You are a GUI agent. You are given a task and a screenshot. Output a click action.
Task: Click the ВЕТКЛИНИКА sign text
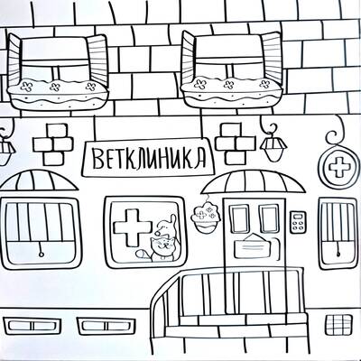point(149,158)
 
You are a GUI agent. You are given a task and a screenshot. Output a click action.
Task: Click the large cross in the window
point(133,227)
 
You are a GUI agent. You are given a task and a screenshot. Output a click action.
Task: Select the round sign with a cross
point(339,168)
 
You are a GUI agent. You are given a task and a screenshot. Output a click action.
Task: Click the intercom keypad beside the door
point(298,222)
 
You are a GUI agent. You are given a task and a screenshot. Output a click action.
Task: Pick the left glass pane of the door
point(240,219)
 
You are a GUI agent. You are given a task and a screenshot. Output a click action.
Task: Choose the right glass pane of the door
point(269,219)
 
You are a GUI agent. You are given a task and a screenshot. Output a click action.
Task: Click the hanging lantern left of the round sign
point(273,147)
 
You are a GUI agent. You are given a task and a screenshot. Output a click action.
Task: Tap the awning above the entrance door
point(254,182)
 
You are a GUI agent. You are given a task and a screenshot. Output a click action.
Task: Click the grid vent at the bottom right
point(338,325)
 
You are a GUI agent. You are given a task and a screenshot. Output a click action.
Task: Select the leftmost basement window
point(32,326)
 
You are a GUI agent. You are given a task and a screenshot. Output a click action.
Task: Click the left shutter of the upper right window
point(188,60)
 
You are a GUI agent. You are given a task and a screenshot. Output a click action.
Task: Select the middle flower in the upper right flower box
point(228,84)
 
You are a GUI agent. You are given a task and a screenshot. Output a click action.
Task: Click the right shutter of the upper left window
point(97,60)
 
